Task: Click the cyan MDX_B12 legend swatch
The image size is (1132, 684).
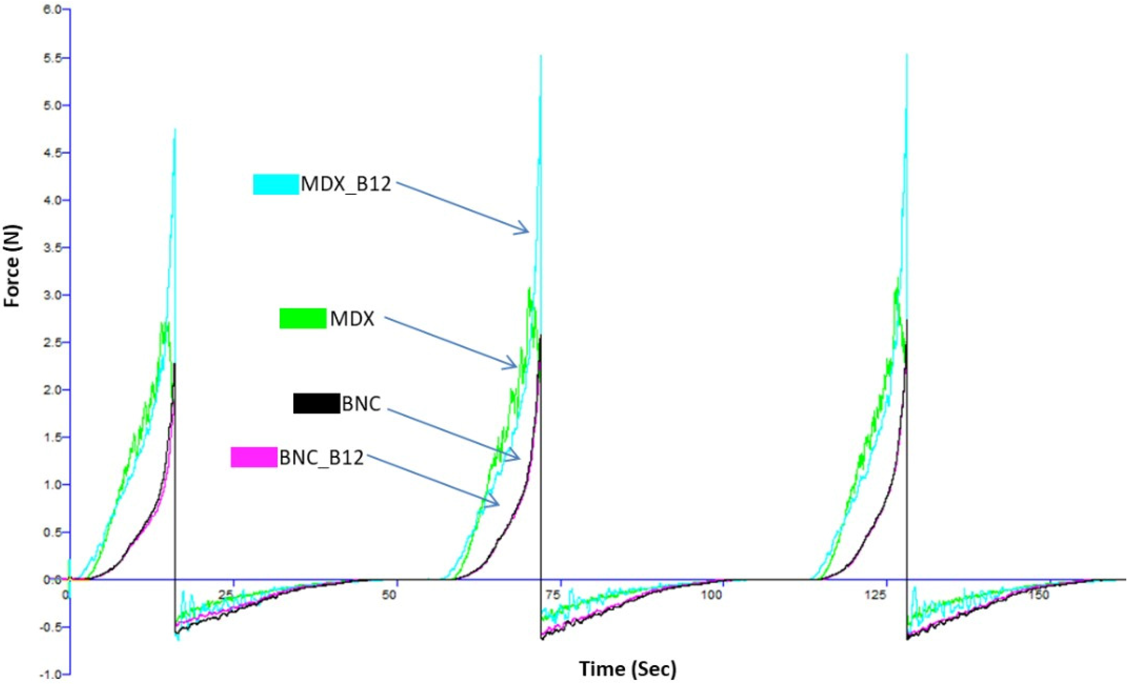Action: click(x=276, y=184)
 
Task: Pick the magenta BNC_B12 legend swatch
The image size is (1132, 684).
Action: click(x=254, y=457)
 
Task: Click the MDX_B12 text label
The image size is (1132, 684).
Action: click(x=346, y=184)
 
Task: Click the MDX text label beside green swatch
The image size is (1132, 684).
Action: click(x=352, y=319)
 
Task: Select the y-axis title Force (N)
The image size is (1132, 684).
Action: click(x=13, y=266)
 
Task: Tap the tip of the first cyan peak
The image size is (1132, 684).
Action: click(x=175, y=129)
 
